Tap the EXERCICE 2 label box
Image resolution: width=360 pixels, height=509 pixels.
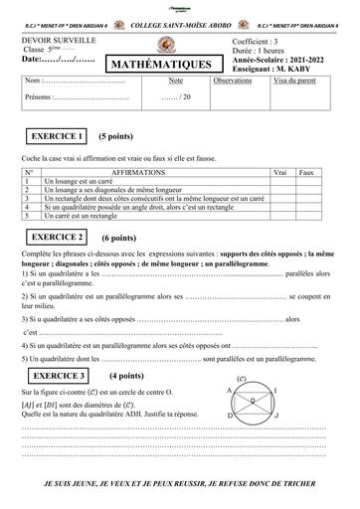pos(59,239)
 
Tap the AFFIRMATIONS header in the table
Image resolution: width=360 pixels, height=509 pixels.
pos(139,172)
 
